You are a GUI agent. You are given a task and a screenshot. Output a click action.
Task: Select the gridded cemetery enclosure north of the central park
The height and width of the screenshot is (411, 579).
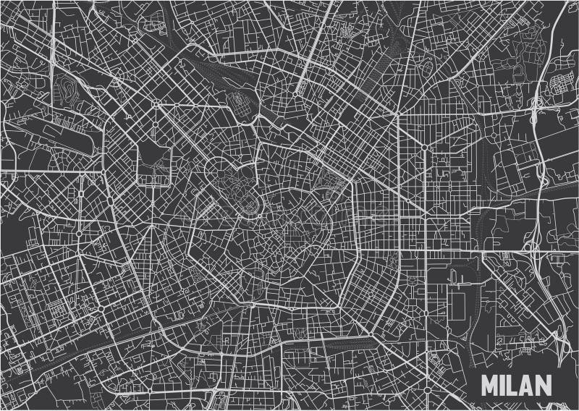pos(238,106)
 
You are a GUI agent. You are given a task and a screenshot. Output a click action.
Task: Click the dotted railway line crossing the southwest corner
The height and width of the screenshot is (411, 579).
pos(43,362)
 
